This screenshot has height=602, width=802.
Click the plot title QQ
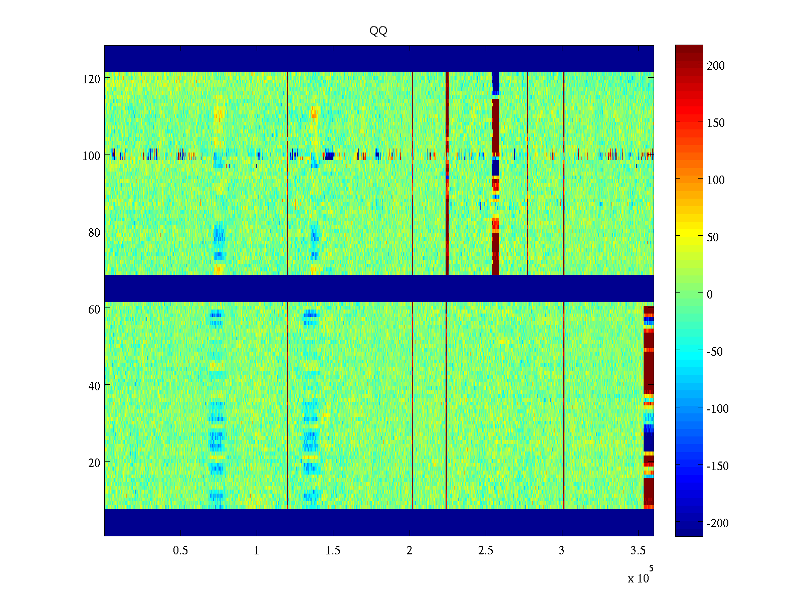[x=378, y=31]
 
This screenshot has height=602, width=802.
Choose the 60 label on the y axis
[x=94, y=310]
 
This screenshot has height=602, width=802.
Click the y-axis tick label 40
[x=94, y=386]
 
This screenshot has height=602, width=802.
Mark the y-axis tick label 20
[x=94, y=463]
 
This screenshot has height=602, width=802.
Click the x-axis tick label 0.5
[x=180, y=551]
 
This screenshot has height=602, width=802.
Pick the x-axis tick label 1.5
[x=333, y=551]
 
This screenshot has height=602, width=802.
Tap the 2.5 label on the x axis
[x=485, y=551]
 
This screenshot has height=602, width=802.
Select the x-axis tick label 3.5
[x=638, y=551]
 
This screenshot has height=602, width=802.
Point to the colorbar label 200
[x=715, y=66]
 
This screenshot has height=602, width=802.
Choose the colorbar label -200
[x=717, y=524]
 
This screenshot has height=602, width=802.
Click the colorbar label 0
[x=709, y=294]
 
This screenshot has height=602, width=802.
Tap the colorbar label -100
[x=717, y=409]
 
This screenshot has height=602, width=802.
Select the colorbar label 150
[x=715, y=123]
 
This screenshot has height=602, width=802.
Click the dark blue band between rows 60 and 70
[x=378, y=288]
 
